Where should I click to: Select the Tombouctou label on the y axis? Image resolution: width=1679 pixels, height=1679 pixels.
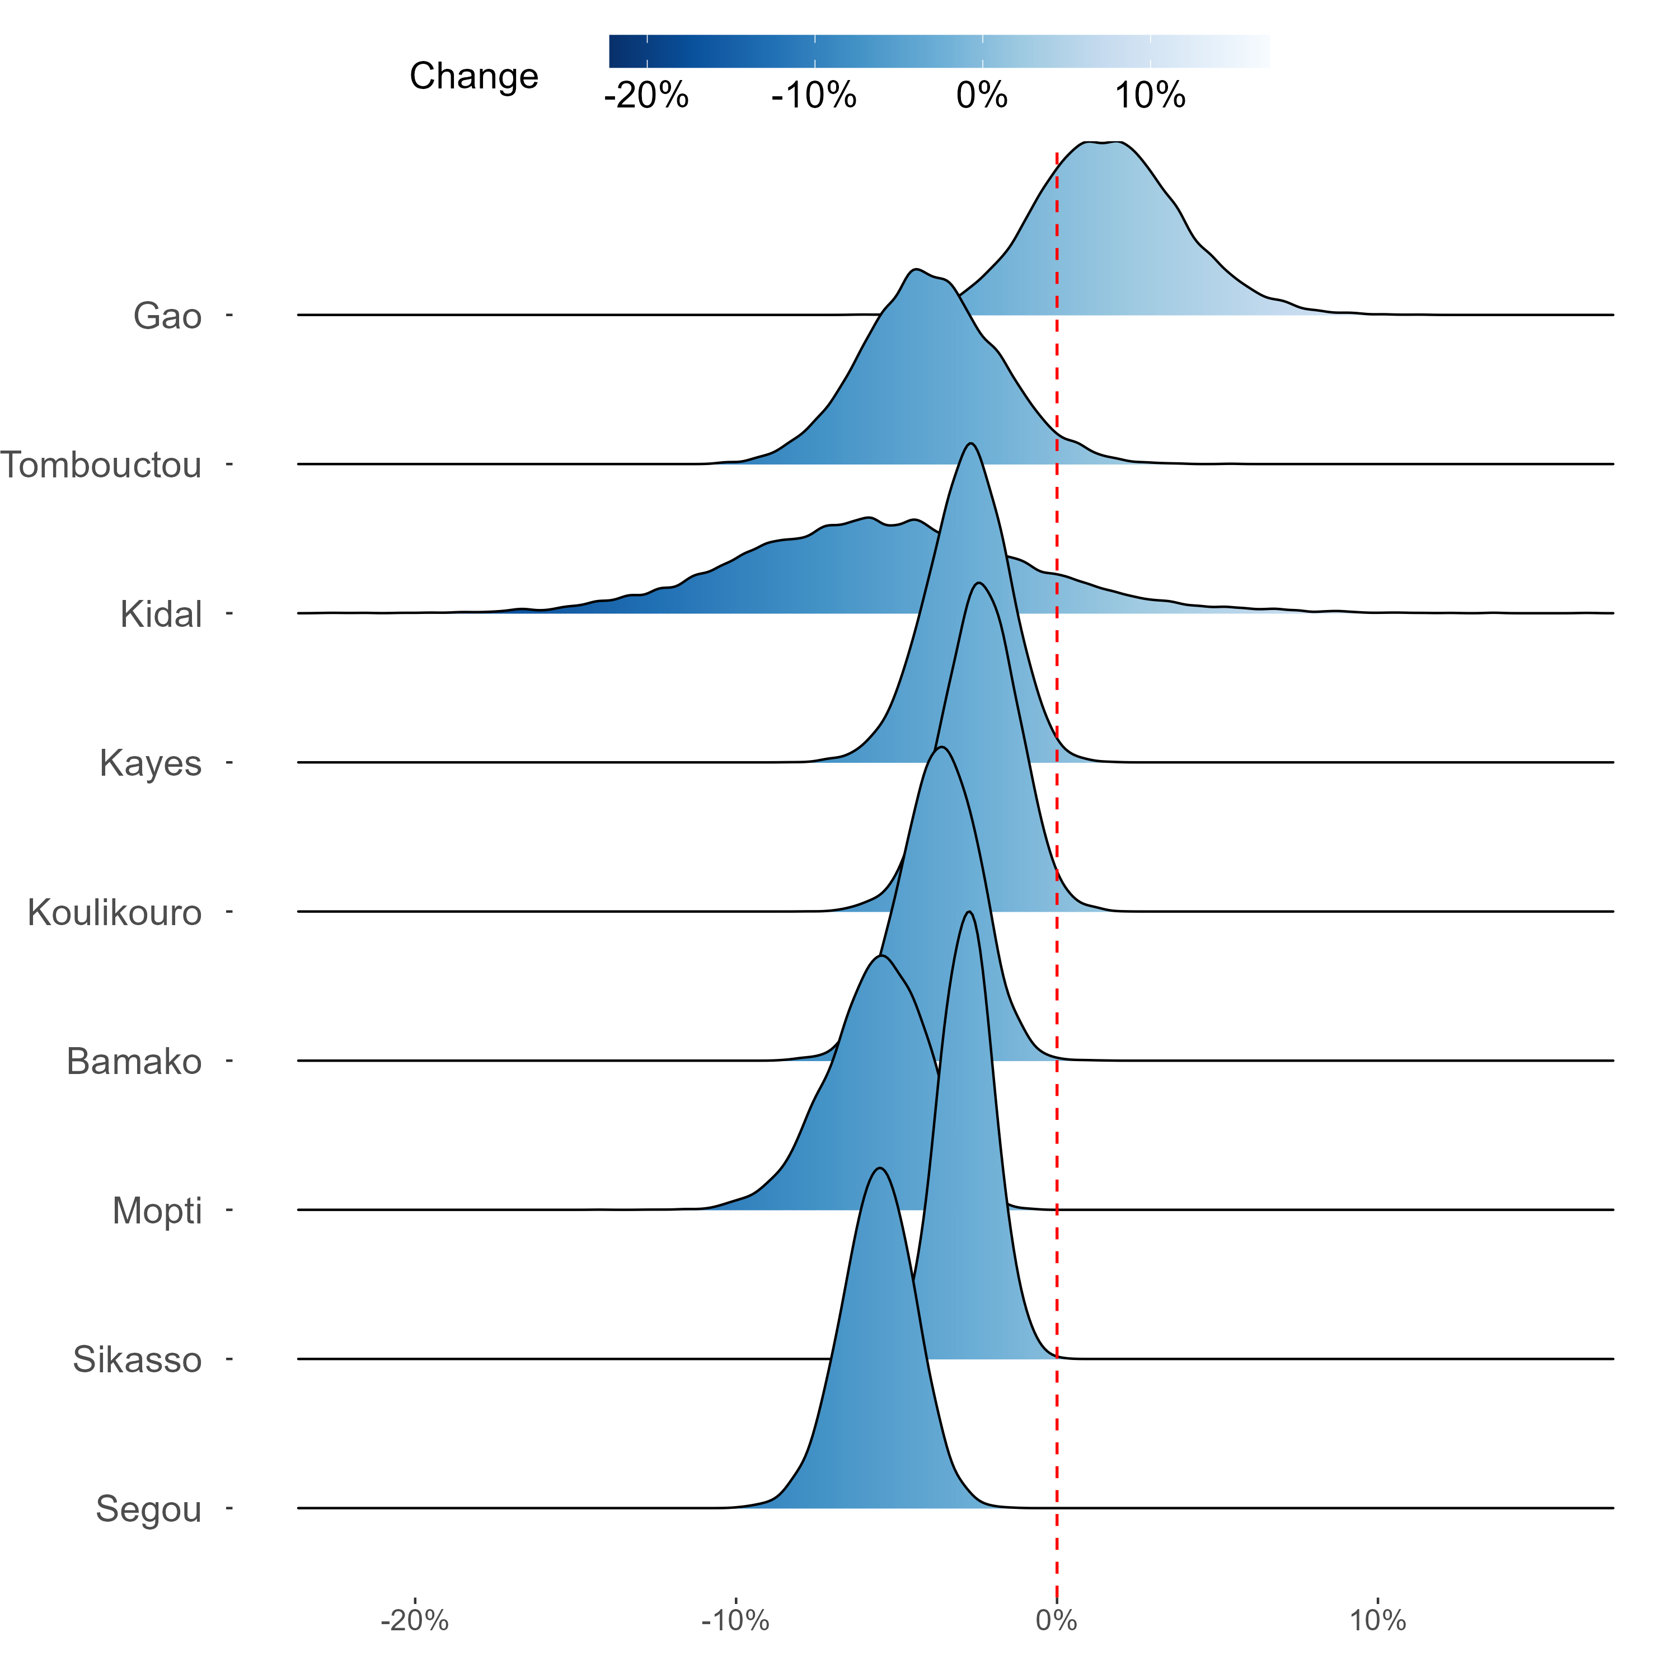pos(101,465)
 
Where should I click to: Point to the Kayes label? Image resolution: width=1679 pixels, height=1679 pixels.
pos(151,763)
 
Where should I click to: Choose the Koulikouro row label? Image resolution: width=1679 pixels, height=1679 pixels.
pos(115,912)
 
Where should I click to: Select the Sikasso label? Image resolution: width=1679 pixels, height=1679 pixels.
pos(137,1359)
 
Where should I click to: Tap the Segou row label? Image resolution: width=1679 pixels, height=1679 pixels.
pos(149,1509)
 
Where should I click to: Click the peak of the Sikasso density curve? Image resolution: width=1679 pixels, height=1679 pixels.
pos(968,912)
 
